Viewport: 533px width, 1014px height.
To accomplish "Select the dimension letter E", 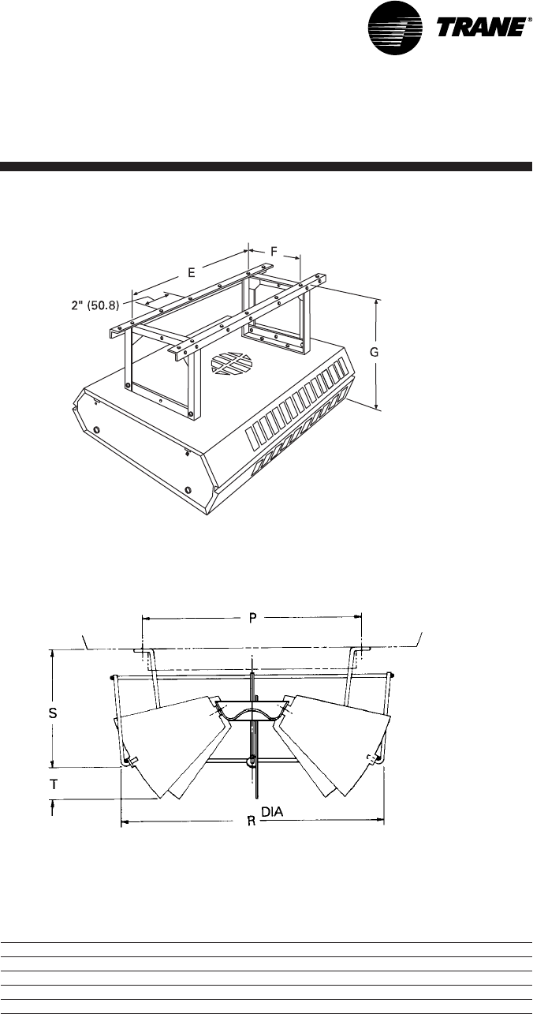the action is [192, 273].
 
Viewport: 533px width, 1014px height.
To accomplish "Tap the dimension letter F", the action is [274, 251].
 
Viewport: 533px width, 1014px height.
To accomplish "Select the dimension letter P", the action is [252, 619].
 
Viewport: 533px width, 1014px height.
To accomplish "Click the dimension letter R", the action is [251, 821].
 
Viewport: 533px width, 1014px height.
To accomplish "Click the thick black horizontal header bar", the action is [266, 167].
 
